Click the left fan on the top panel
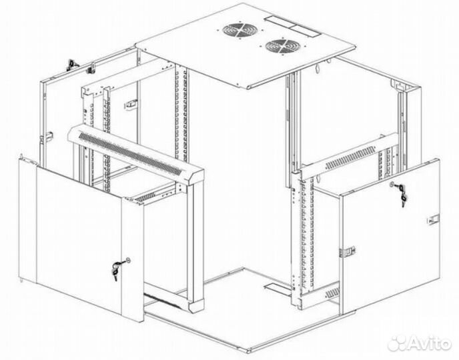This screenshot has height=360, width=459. pos(240,31)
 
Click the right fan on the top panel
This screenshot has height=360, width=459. pos(283,47)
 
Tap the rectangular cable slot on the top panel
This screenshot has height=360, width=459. pos(293,26)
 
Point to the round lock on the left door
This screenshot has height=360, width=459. pos(127,260)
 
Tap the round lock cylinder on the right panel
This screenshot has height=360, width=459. pos(392,184)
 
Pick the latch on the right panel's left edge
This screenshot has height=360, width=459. pos(348,251)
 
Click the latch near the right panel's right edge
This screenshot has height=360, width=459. pos(433,219)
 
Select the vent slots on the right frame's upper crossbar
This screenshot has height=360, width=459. pos(350,158)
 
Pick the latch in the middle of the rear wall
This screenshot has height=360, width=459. pos(131,104)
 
